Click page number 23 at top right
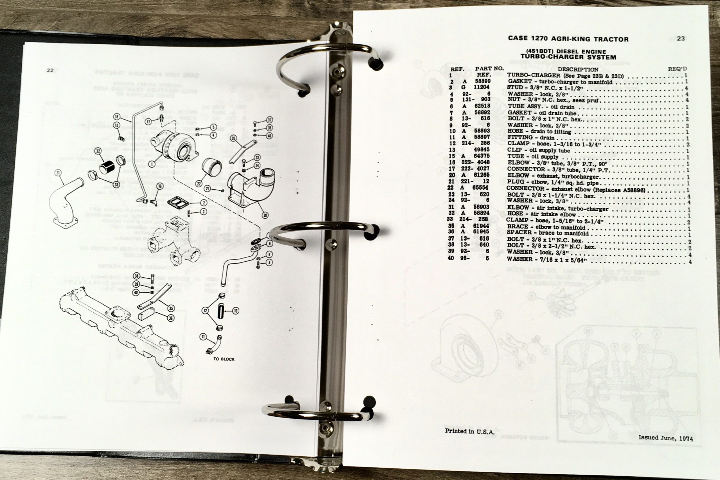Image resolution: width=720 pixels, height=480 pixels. pos(681,39)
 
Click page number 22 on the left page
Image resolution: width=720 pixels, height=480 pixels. pos(50,70)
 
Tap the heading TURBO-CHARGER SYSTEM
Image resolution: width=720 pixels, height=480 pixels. pos(568,57)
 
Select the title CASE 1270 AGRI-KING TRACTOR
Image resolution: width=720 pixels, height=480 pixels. pos(568,39)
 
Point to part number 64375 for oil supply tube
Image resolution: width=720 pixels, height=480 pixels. pos(481,156)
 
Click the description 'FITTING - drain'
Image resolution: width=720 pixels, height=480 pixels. pos(526,138)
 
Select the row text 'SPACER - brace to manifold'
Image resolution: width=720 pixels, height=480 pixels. pos(548,233)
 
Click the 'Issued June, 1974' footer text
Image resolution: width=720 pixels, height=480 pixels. pos(665,438)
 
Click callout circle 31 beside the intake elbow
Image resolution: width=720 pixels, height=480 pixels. pos(58,173)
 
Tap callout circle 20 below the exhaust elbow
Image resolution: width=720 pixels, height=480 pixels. pos(265,216)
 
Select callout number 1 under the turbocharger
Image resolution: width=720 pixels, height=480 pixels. pos(151,164)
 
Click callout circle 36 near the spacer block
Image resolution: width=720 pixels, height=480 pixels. pos(171,318)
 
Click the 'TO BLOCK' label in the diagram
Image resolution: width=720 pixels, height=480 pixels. pos(224,359)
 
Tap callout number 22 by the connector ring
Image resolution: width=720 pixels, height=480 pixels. pos(199,184)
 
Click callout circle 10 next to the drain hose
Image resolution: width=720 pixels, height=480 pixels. pos(236,311)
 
